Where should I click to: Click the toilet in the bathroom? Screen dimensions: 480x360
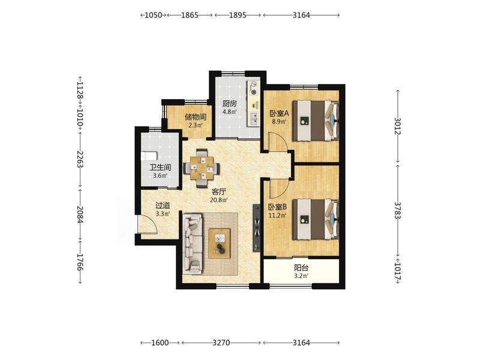coord(149,156)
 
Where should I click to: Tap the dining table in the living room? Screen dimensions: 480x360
coord(202,168)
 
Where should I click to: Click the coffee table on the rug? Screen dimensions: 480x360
coord(220,244)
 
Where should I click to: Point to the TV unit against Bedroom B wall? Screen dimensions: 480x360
coord(257,228)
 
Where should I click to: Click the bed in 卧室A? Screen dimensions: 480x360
coord(316,121)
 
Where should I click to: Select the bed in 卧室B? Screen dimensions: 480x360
coord(316,219)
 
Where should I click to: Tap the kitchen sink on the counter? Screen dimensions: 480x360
coord(253,119)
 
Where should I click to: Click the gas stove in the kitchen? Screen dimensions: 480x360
coord(254,88)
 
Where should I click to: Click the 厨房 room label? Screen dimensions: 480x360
coord(230,104)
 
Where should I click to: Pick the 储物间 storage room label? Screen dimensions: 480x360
coord(196,117)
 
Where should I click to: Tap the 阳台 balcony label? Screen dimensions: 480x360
coord(301,268)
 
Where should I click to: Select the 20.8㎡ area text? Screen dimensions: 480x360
coord(218,200)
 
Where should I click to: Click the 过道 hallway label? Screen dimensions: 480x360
coord(163,205)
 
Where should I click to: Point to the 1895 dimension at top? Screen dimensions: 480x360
coord(238,15)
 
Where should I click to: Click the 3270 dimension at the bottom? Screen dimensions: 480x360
coord(221,343)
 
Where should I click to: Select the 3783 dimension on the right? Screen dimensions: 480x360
coord(397,210)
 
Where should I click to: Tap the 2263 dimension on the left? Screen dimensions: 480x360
coord(80,159)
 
